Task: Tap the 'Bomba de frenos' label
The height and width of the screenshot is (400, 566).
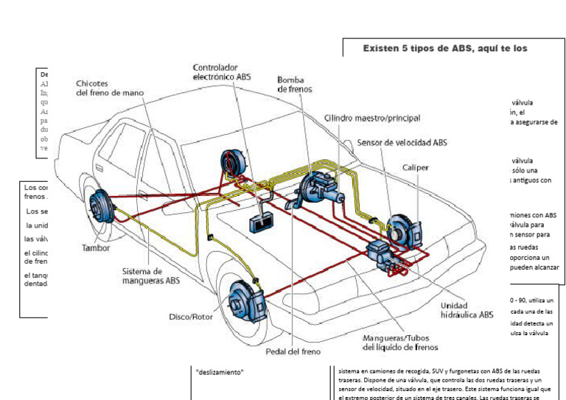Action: [295, 84]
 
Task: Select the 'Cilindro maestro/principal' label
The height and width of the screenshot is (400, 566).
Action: [371, 118]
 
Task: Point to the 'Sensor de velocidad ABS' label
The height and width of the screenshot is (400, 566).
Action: [402, 142]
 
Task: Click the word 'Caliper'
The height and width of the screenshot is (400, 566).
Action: [415, 167]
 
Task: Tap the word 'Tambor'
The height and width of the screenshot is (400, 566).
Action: [96, 248]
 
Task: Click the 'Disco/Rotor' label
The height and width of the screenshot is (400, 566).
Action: [190, 317]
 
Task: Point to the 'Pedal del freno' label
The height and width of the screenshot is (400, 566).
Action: [293, 351]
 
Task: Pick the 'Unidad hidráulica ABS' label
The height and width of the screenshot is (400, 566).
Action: [467, 310]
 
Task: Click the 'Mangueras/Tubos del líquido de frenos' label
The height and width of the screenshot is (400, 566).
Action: [400, 342]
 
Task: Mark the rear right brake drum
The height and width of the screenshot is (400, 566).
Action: [234, 164]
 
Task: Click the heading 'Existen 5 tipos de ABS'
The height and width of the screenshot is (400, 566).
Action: [445, 48]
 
